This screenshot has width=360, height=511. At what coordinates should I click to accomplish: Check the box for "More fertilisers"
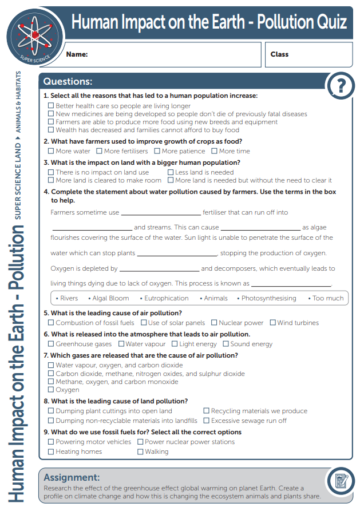click(x=100, y=151)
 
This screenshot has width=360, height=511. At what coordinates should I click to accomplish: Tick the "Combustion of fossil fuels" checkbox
click(x=51, y=323)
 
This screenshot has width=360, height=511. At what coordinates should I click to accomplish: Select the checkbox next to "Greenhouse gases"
click(x=51, y=344)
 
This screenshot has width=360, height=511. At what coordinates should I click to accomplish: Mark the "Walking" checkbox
click(x=140, y=451)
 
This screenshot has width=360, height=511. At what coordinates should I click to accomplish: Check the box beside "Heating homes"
click(x=51, y=451)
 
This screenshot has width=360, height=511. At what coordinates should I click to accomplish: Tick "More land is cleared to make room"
click(x=51, y=180)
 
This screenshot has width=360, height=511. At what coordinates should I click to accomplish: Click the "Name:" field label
click(x=77, y=54)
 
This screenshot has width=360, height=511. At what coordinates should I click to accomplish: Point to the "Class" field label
click(x=279, y=54)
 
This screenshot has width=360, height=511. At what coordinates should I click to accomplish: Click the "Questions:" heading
click(x=68, y=82)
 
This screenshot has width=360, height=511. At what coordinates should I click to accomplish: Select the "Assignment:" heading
click(x=72, y=477)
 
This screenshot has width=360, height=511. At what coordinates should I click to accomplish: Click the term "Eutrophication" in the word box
click(x=166, y=298)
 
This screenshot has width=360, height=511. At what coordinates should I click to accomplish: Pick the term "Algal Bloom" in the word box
click(x=110, y=298)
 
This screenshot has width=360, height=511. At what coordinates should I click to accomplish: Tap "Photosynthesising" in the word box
click(x=268, y=298)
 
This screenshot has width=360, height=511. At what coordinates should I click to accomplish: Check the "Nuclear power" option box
click(x=214, y=323)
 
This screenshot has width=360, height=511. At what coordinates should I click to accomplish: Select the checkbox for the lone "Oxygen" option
click(x=51, y=390)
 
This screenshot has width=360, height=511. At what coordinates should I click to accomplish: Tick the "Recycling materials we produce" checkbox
click(x=207, y=411)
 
